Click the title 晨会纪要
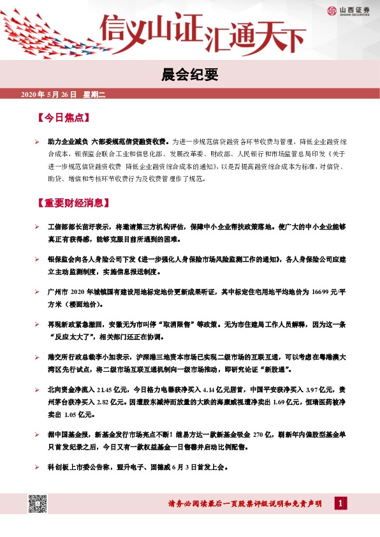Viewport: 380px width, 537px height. (x=191, y=75)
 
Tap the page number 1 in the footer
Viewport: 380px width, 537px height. (x=342, y=504)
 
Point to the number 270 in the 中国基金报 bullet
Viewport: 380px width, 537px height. (x=258, y=435)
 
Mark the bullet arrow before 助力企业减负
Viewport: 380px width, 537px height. (x=38, y=140)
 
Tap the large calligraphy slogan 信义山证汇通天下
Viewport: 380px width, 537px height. (x=202, y=32)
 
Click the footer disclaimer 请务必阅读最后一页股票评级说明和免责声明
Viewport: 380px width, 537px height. (x=245, y=504)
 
